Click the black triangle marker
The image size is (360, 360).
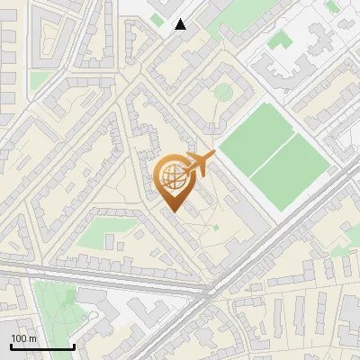181,24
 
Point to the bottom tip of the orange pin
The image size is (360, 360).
173,212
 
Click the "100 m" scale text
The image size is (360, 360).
23,338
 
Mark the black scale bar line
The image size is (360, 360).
42,346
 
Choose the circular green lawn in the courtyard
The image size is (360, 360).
223,92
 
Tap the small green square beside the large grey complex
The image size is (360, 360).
280,40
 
